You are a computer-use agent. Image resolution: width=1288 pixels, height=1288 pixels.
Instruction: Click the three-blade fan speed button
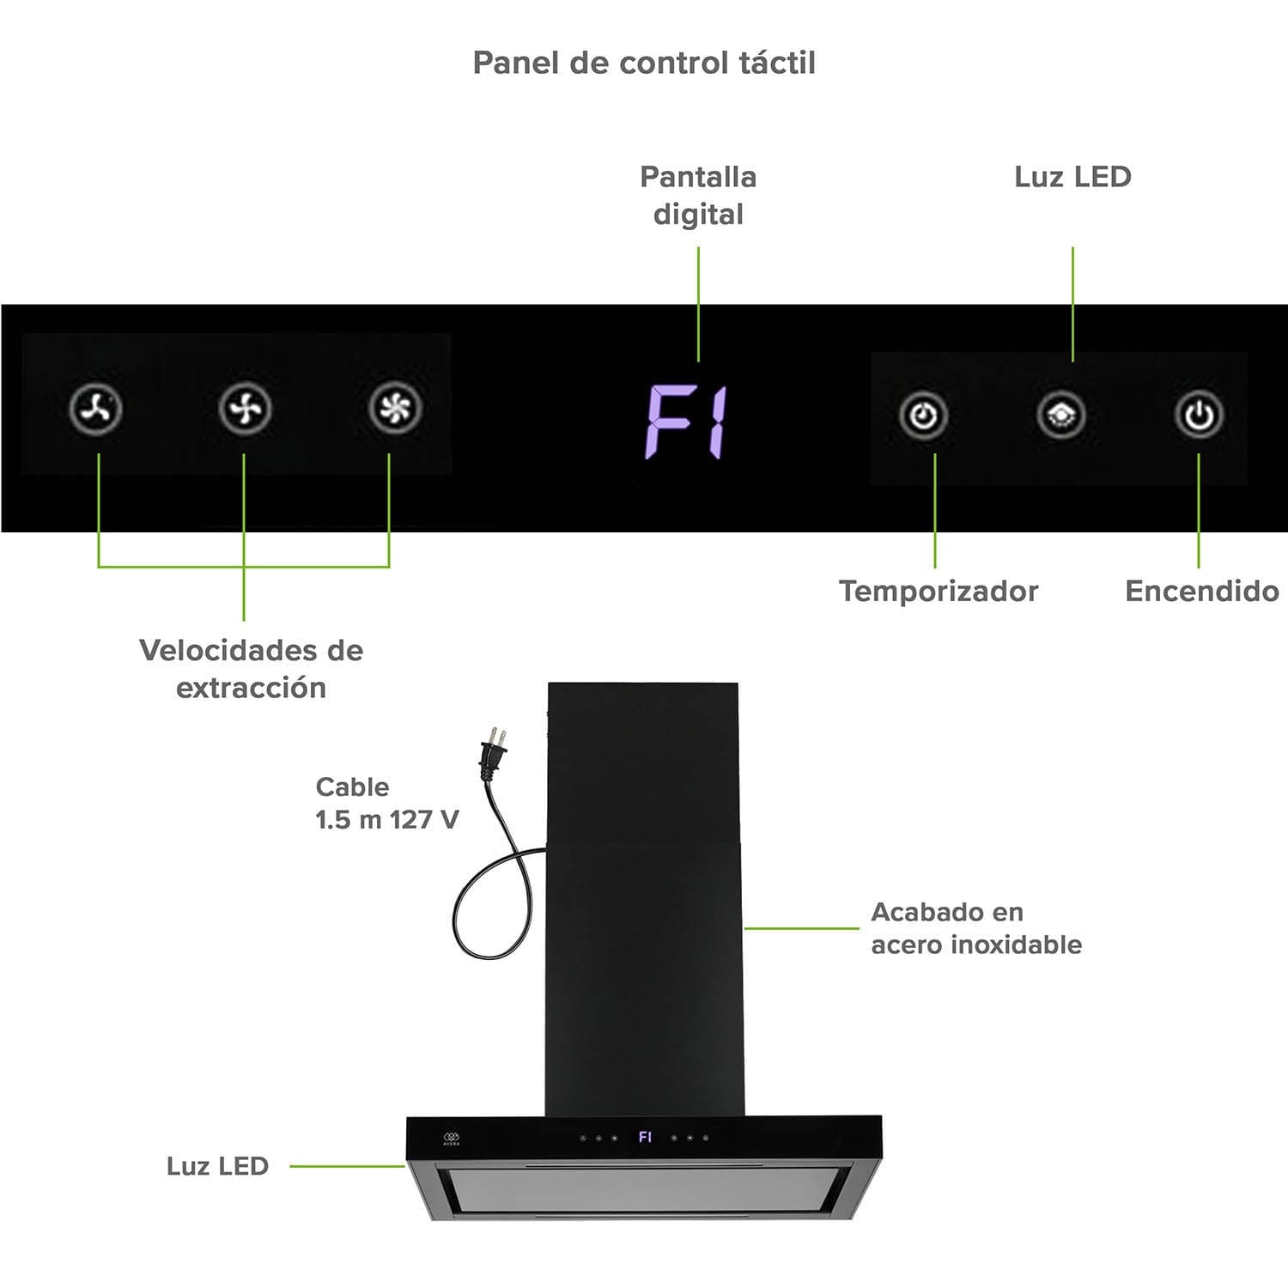coord(95,409)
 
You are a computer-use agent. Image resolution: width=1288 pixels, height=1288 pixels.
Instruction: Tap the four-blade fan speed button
coord(245,409)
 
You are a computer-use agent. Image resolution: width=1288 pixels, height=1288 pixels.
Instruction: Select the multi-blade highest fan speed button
coord(395,408)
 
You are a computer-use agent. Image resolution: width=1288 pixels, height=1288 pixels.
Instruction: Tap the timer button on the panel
coord(923,416)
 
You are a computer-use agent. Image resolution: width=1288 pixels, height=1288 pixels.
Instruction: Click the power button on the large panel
coord(1199,416)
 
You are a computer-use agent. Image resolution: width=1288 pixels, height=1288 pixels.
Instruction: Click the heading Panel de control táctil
coord(644,63)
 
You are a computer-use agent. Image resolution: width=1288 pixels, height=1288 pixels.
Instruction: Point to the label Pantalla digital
coord(698,195)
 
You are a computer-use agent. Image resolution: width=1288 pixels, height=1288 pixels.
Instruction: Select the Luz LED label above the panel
coord(1072,177)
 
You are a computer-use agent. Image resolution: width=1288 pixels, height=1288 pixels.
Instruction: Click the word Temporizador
coord(939,591)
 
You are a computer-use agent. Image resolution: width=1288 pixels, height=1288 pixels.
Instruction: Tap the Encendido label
coord(1201,591)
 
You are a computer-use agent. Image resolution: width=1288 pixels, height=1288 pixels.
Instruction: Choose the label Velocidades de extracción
coord(251,668)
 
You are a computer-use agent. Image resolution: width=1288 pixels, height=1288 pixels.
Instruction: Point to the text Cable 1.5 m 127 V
coord(386,803)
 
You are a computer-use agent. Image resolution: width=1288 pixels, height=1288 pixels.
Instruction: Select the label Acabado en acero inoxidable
coord(975,928)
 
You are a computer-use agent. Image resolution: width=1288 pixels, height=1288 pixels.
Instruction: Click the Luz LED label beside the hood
coord(217,1166)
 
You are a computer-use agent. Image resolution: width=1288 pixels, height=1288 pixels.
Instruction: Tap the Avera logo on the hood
coord(452,1139)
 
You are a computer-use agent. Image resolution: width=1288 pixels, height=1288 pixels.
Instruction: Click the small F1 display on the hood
coord(645,1137)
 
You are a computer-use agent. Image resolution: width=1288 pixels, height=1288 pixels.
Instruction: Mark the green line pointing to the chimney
coord(801,928)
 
